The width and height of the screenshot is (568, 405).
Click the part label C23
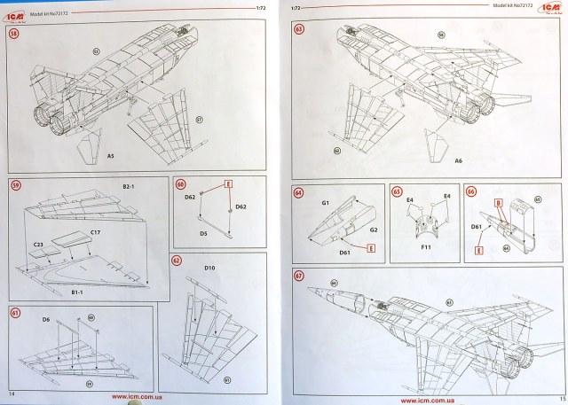point(39,242)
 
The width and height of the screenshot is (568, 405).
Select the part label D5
point(203,235)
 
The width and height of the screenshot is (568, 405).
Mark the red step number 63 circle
point(299,30)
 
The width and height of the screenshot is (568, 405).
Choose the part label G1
point(326,203)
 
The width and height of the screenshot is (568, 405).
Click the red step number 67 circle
point(299,276)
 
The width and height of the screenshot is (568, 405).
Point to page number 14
point(12,392)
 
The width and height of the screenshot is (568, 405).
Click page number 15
point(553,396)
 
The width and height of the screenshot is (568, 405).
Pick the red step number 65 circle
point(398,191)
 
